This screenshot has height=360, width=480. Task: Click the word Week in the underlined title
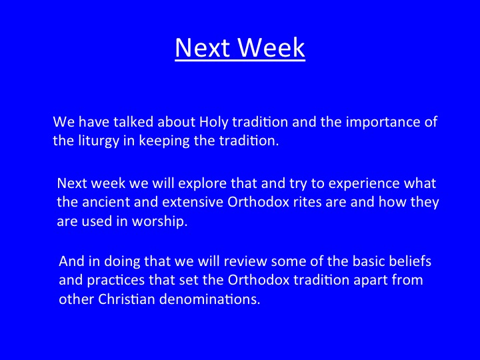(271, 47)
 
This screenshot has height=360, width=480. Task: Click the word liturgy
(99, 141)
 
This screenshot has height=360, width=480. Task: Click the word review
(245, 261)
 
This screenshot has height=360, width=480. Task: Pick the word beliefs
(410, 261)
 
